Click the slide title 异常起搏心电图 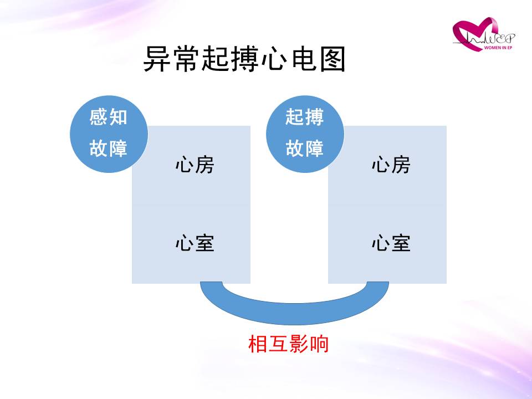click(x=244, y=59)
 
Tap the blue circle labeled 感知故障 click(x=109, y=134)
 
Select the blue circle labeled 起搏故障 click(x=305, y=134)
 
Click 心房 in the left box click(x=195, y=165)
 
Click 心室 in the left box click(x=195, y=243)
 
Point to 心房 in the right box click(x=391, y=165)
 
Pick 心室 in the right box click(x=391, y=243)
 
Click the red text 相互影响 click(x=288, y=344)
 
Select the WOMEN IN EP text click(x=498, y=48)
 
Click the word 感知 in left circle click(x=108, y=117)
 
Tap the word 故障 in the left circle click(x=108, y=149)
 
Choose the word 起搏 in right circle click(x=304, y=117)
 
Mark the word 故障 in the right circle click(x=304, y=149)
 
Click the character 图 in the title click(x=333, y=59)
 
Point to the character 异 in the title click(x=157, y=59)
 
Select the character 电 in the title click(x=304, y=59)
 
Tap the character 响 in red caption click(x=319, y=344)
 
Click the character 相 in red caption click(x=258, y=344)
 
